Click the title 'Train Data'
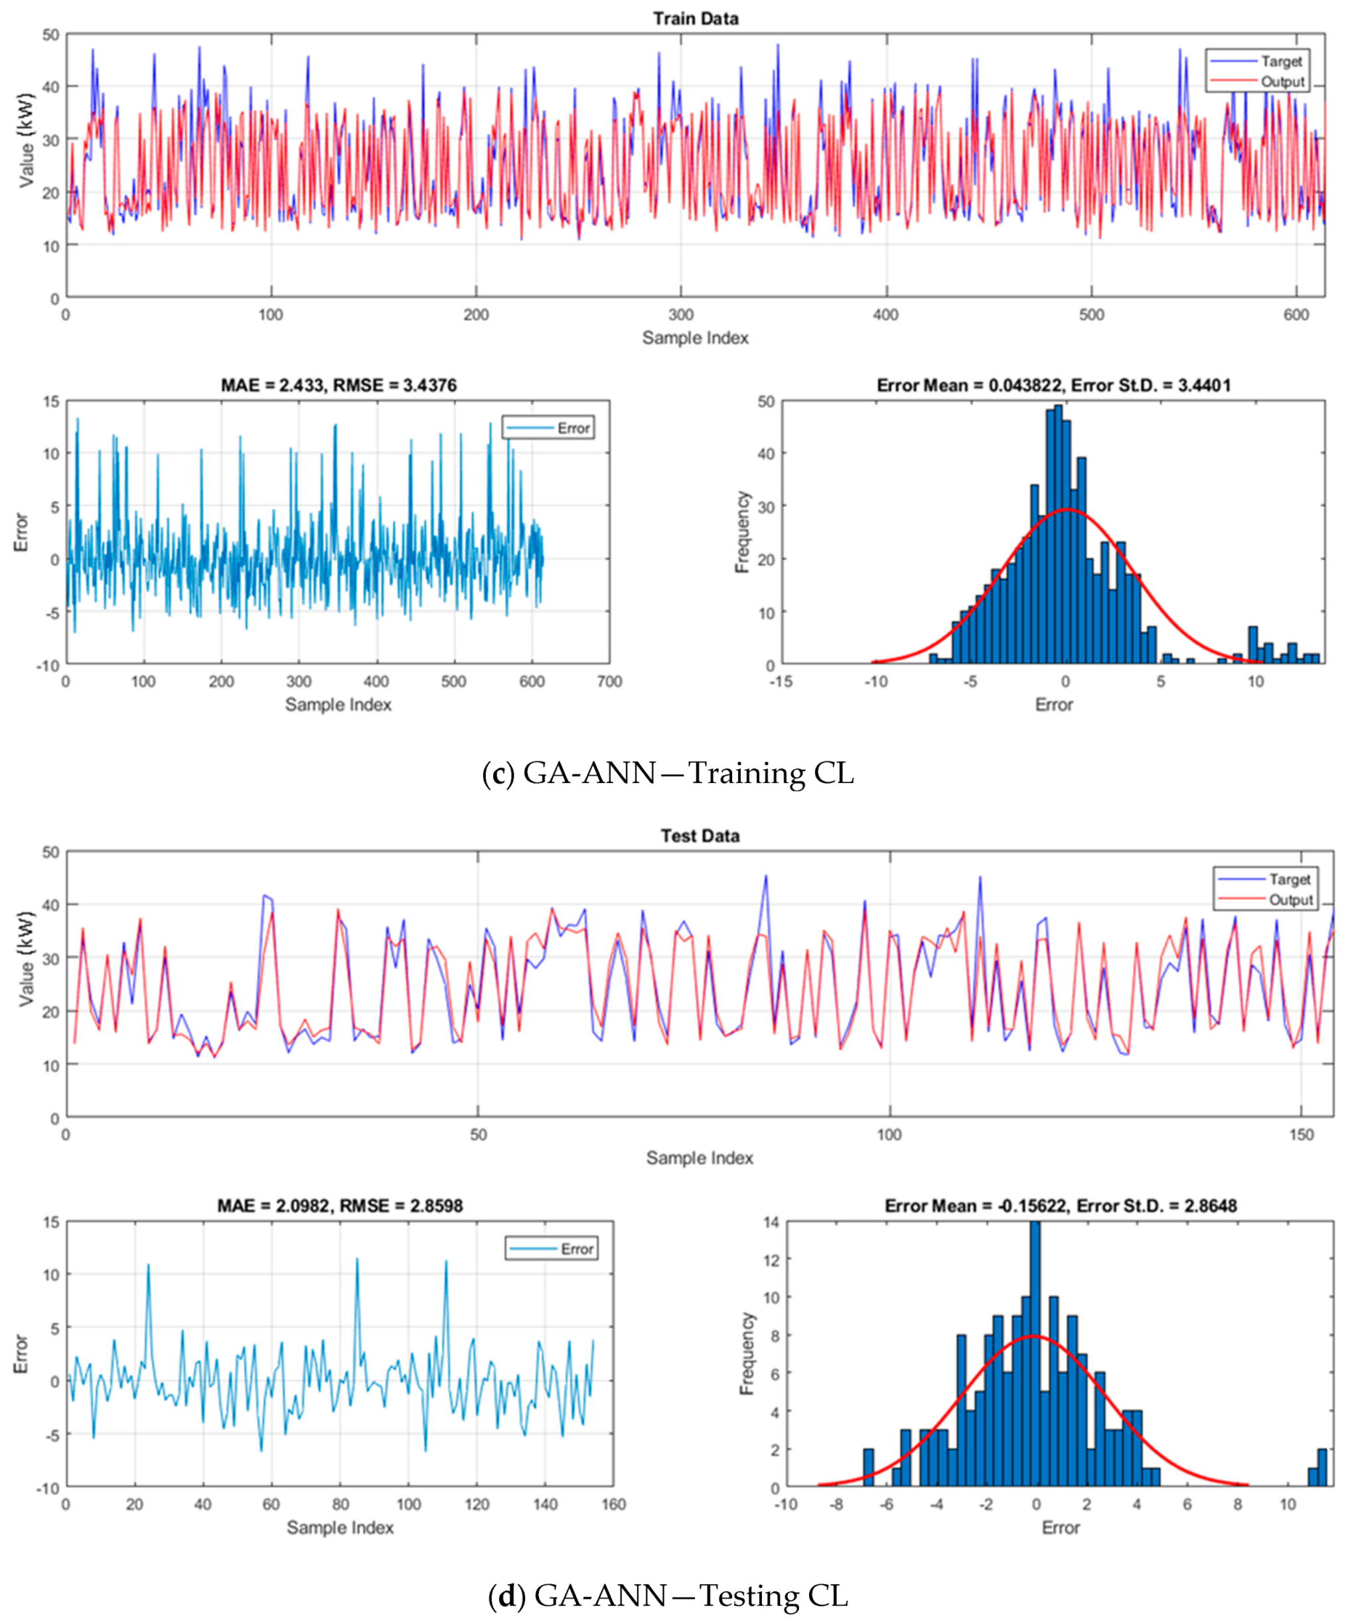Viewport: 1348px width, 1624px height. tap(696, 19)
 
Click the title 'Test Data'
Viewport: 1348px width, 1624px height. tap(700, 836)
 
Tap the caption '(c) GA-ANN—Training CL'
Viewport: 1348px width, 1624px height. tap(668, 773)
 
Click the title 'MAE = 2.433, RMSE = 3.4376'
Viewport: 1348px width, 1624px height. tap(338, 385)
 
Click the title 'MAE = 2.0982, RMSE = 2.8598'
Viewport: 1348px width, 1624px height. tap(340, 1206)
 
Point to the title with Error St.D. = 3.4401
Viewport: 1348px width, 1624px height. tap(1053, 385)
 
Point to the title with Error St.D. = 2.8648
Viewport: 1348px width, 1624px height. tap(1061, 1206)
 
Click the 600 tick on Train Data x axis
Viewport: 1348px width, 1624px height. tap(1296, 315)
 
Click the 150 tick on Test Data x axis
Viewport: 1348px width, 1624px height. tap(1302, 1134)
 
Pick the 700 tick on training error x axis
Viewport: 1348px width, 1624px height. tap(609, 682)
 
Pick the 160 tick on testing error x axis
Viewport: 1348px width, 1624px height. tap(613, 1504)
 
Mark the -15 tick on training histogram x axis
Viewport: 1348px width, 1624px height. tap(781, 682)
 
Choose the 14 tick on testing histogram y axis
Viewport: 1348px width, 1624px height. tap(771, 1222)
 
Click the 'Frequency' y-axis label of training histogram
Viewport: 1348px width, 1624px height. tap(743, 532)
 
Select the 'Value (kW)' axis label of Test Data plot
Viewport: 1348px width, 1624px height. tap(25, 959)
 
